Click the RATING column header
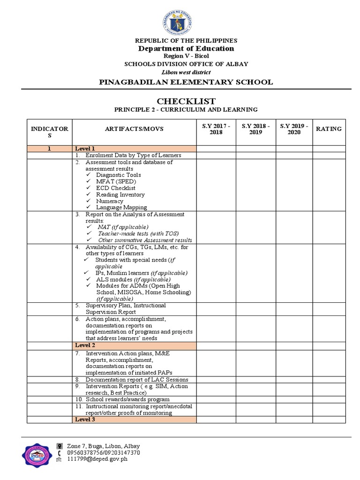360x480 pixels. [x=329, y=129]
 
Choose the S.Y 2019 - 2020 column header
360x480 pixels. [x=293, y=129]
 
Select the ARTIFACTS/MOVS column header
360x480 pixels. [x=134, y=129]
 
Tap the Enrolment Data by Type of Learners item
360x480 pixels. [x=133, y=155]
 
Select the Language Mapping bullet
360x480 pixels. [x=121, y=207]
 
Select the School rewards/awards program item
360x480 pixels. [x=127, y=399]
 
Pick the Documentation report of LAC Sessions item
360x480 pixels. [x=136, y=379]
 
